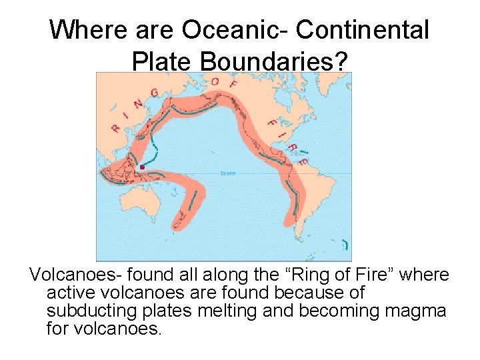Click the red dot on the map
141,167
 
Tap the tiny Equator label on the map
228,174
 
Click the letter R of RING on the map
116,128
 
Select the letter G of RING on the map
154,93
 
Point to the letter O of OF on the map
215,82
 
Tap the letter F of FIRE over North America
271,123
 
